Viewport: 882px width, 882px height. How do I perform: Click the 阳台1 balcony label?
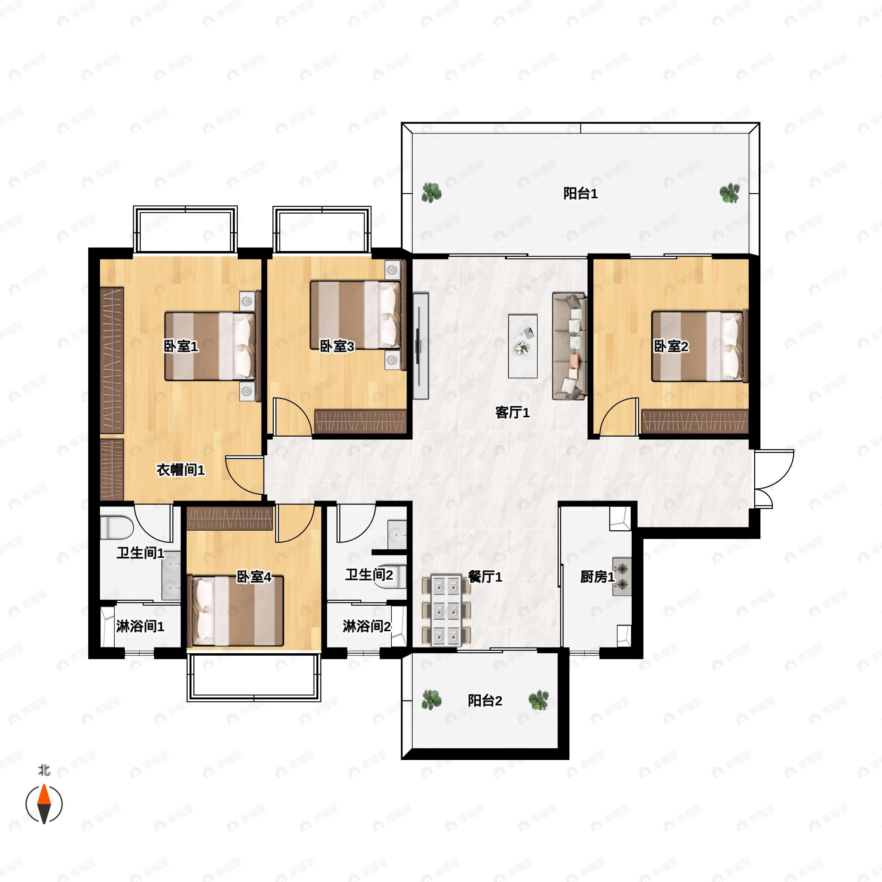(x=580, y=194)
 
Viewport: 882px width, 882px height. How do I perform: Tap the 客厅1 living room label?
(x=512, y=413)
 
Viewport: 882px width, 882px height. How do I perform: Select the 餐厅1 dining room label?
(x=485, y=577)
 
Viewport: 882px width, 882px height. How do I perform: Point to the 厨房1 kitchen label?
(x=597, y=577)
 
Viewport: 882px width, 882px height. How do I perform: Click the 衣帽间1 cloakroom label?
(x=181, y=470)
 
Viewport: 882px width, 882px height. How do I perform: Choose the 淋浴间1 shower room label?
(x=140, y=626)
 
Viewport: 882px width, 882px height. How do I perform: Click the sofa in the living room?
(x=569, y=347)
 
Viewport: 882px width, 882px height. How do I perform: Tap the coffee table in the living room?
(x=523, y=346)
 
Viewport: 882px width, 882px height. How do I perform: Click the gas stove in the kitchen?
(x=622, y=577)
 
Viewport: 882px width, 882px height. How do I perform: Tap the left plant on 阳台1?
(x=431, y=193)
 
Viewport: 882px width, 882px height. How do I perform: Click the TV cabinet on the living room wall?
(x=421, y=346)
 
